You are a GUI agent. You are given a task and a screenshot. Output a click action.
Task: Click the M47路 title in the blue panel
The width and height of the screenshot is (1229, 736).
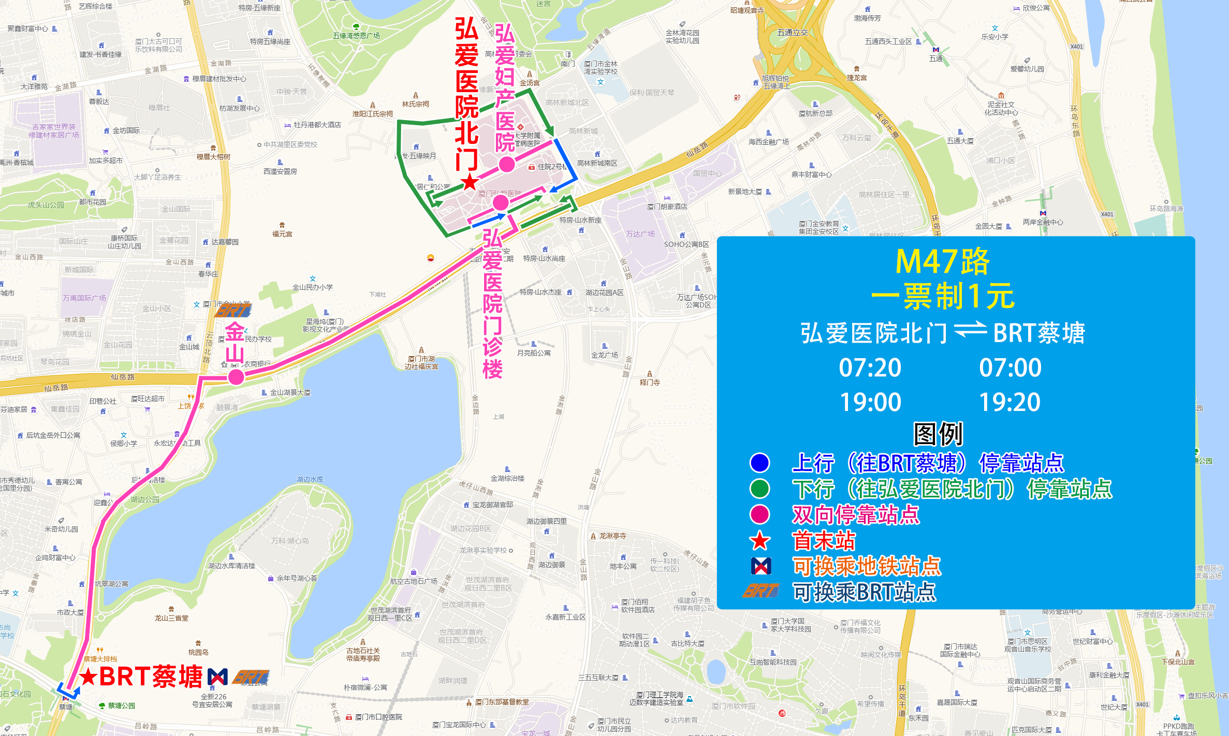point(942,262)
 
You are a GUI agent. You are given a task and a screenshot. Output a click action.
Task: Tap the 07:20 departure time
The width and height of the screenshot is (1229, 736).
point(870,368)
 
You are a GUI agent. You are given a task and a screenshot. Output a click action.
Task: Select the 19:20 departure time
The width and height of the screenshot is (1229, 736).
point(1009,402)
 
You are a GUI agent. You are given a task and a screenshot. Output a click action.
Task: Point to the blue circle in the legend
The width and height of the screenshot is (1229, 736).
point(759,463)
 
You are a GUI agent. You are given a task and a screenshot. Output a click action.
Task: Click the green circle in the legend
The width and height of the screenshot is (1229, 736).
point(759,489)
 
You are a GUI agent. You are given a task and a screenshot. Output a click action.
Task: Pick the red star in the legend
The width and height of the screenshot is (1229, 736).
point(759,541)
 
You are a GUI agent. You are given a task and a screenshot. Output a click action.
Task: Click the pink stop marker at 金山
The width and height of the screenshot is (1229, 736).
point(236,377)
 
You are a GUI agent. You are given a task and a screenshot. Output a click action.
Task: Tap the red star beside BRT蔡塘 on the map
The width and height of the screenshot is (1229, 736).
point(88,676)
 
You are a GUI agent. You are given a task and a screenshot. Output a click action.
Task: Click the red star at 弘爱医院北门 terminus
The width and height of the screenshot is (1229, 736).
point(470,182)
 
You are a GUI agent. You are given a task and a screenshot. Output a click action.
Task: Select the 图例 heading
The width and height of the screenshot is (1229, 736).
point(938,434)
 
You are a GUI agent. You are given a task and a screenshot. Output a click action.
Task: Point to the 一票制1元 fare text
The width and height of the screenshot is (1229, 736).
point(942,297)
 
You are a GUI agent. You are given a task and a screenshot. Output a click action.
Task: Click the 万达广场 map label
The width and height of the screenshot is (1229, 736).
point(640,234)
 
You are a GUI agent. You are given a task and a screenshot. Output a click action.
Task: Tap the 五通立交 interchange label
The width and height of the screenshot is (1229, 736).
point(792,32)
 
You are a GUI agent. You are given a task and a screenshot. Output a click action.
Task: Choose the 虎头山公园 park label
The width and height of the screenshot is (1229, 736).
point(46,205)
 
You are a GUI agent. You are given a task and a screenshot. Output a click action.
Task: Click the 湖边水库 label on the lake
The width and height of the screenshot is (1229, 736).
point(310,479)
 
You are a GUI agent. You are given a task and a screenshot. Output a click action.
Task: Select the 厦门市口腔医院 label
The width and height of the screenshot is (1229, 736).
point(378,717)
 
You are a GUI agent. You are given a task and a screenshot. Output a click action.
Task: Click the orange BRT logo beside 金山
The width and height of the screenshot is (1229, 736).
point(233,311)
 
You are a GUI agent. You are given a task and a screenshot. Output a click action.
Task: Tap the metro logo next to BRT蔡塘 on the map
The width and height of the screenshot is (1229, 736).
point(217,676)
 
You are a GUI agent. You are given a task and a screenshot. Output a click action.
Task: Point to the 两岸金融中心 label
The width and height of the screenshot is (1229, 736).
point(1043,222)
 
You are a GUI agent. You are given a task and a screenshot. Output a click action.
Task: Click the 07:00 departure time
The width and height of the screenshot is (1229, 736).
point(1009,368)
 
